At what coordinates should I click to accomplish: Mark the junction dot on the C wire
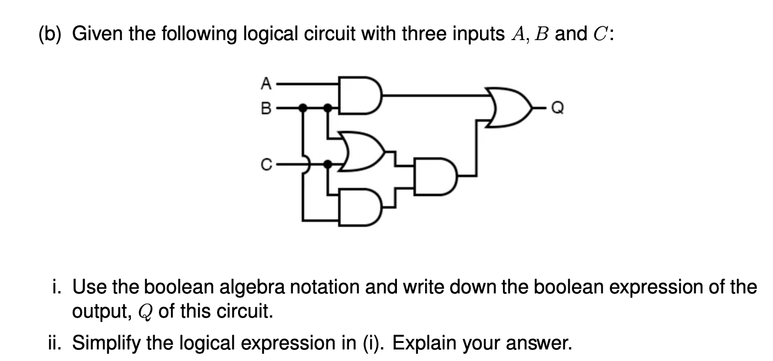click(x=328, y=163)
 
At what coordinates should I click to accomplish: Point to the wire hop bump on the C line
click(x=305, y=163)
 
